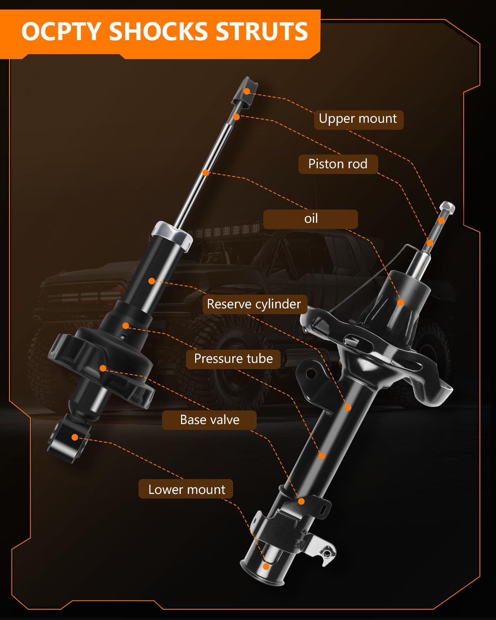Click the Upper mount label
(358, 119)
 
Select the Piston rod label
(338, 164)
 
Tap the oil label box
(310, 219)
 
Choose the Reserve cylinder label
(254, 304)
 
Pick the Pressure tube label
(233, 359)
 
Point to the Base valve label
(210, 420)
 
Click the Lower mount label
(186, 489)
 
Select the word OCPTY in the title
(61, 32)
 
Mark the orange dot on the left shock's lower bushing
(75, 437)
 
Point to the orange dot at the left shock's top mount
(247, 91)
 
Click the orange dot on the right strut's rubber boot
(401, 303)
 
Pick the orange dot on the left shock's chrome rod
(206, 172)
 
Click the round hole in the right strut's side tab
(311, 374)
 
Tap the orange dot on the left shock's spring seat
(103, 368)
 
